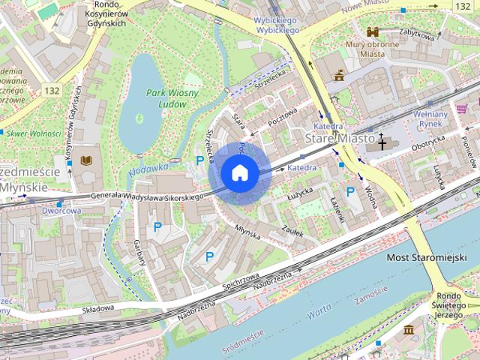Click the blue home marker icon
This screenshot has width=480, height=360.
239,172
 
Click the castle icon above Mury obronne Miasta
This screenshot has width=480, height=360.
373,32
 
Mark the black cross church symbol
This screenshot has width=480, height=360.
382,142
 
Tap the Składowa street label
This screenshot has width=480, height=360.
97,308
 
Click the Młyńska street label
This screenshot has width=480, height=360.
247,232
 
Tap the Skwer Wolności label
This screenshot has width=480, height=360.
34,133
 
